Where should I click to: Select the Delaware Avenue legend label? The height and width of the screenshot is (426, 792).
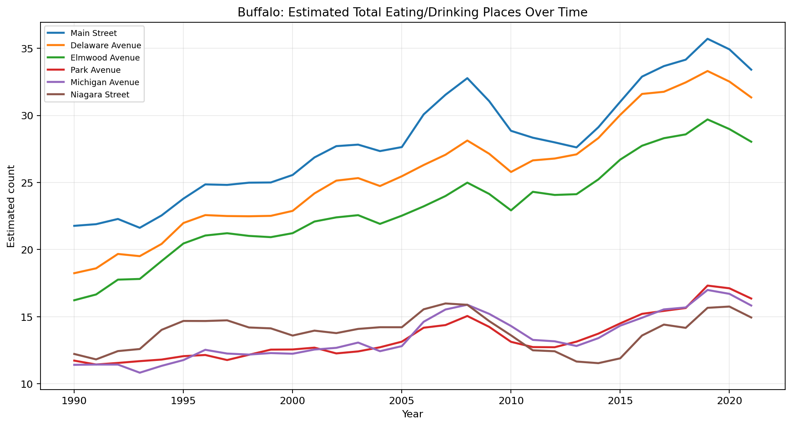point(106,46)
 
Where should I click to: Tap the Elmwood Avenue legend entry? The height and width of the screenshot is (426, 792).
point(105,58)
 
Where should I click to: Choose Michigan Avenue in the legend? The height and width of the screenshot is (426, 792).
point(105,82)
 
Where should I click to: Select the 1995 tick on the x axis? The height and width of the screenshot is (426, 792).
point(183,401)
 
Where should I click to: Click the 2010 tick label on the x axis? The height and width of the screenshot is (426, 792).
point(510,401)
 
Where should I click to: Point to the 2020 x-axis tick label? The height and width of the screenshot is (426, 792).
point(729,401)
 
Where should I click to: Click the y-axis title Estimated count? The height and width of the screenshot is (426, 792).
point(11,206)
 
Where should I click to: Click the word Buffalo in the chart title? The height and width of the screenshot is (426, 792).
point(254,13)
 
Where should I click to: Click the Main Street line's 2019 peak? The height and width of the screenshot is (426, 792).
point(707,39)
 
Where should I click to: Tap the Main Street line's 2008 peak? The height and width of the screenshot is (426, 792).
point(467,78)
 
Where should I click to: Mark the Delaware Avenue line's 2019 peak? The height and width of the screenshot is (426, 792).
point(707,71)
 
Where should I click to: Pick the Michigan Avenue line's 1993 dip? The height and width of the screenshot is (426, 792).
point(140,373)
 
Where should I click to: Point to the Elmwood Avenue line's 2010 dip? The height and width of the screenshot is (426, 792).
point(511,210)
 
